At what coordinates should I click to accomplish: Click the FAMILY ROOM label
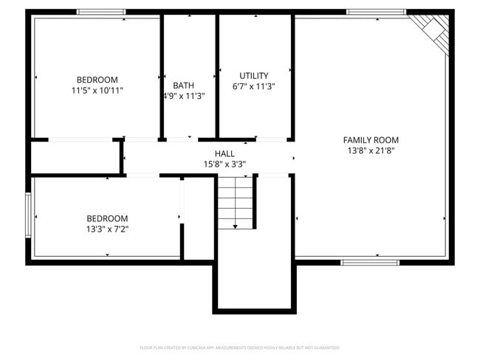click(x=371, y=140)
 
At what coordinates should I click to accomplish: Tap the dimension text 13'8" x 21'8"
click(x=371, y=150)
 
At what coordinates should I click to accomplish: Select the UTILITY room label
click(x=254, y=76)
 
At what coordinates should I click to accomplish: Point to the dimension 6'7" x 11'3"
click(x=254, y=86)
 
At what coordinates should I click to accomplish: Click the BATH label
click(x=184, y=86)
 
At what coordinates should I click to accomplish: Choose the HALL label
click(x=224, y=153)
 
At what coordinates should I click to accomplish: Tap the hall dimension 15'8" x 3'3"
click(x=224, y=165)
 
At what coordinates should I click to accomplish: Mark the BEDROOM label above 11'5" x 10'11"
click(x=97, y=80)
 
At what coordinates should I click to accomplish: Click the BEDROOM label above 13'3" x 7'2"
click(x=107, y=218)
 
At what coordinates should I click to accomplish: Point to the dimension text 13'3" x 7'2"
click(x=107, y=229)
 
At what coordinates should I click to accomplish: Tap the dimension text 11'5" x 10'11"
click(x=97, y=91)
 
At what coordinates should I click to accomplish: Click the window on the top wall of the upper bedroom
click(x=101, y=12)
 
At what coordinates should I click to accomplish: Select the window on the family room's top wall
click(x=376, y=12)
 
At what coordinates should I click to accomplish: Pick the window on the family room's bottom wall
click(x=369, y=262)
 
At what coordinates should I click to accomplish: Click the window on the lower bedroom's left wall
click(x=28, y=215)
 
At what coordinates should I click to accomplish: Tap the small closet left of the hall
click(x=76, y=157)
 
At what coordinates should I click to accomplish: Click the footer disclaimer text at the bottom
click(x=239, y=347)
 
